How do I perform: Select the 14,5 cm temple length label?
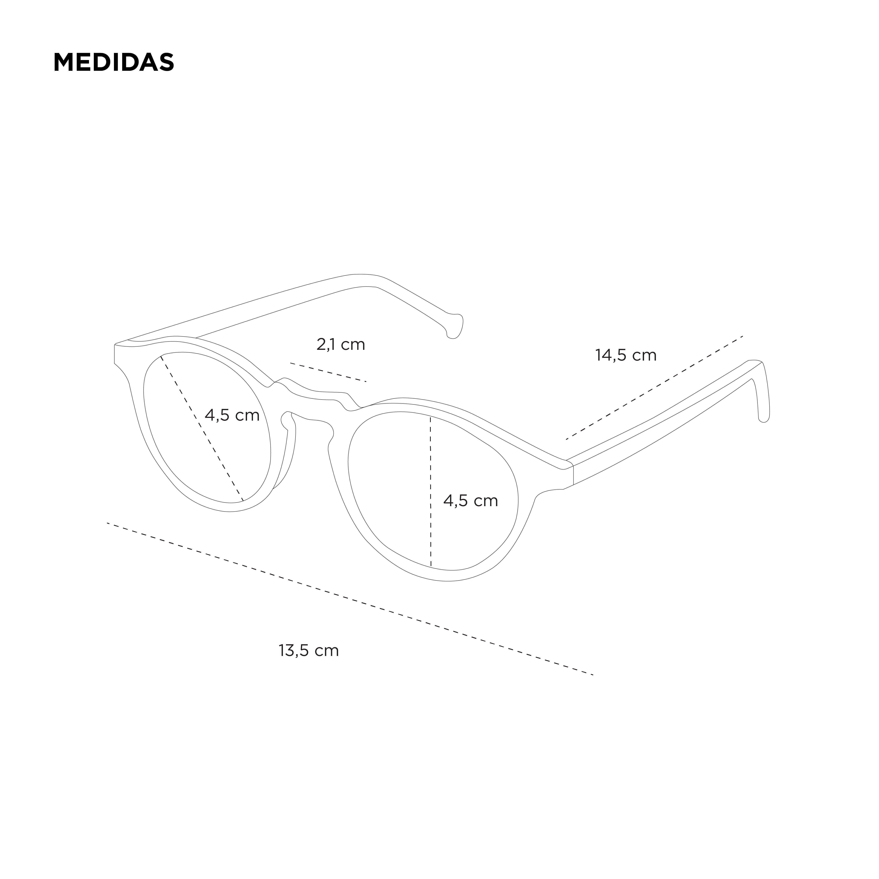point(626,355)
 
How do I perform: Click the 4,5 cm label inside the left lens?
point(232,415)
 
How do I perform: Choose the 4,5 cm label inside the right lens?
point(470,501)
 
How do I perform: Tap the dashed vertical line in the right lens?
point(430,491)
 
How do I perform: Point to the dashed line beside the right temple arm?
point(654,388)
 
